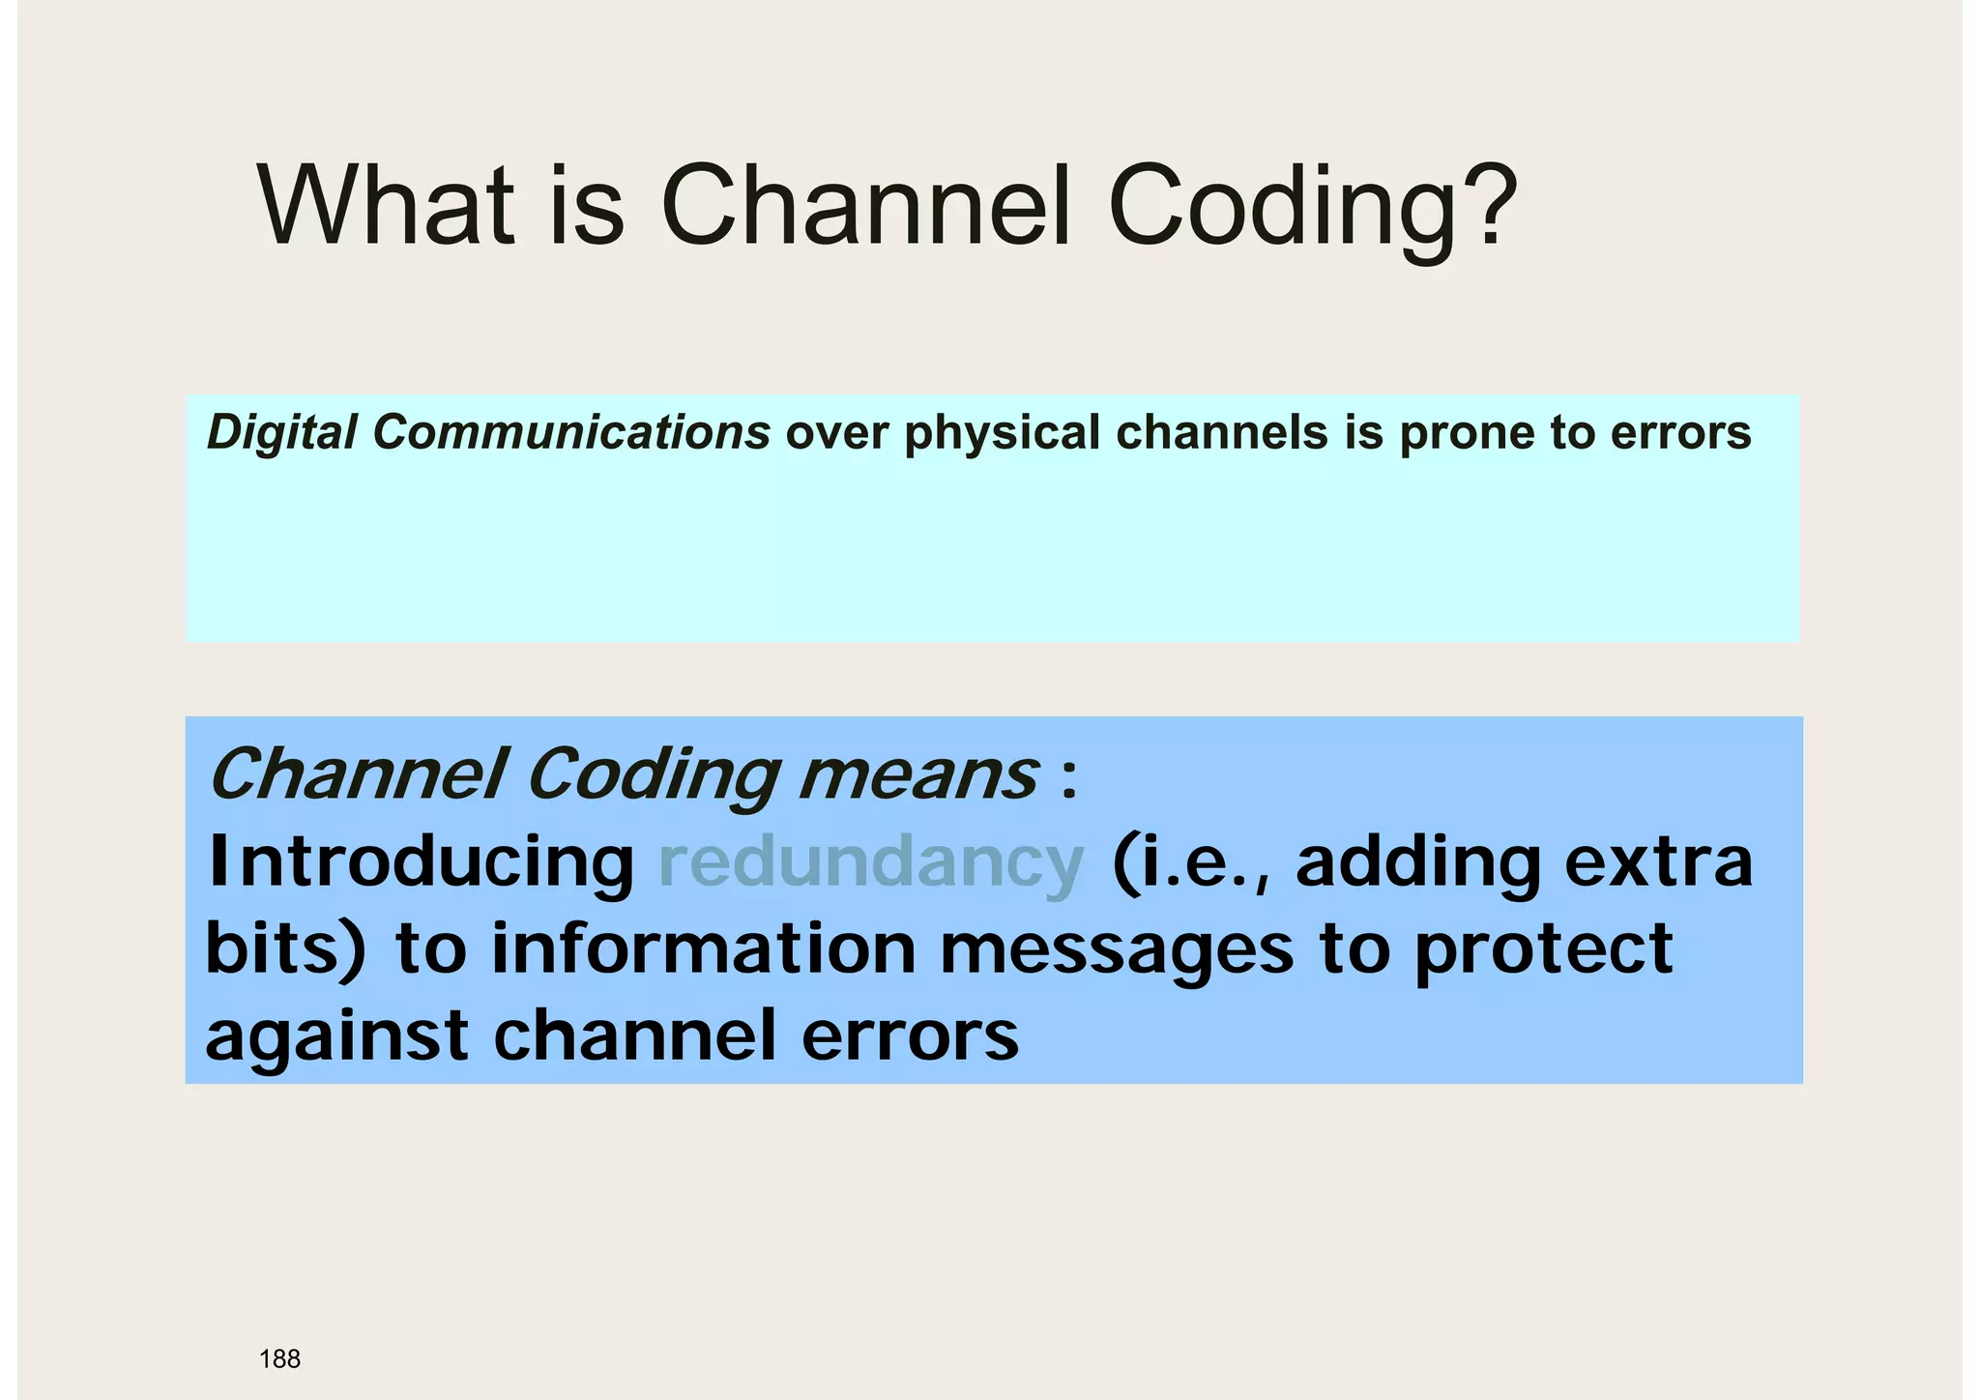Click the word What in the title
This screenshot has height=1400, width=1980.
pos(387,206)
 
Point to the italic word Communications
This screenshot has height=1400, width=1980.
pos(571,432)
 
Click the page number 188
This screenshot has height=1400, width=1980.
pos(279,1359)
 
